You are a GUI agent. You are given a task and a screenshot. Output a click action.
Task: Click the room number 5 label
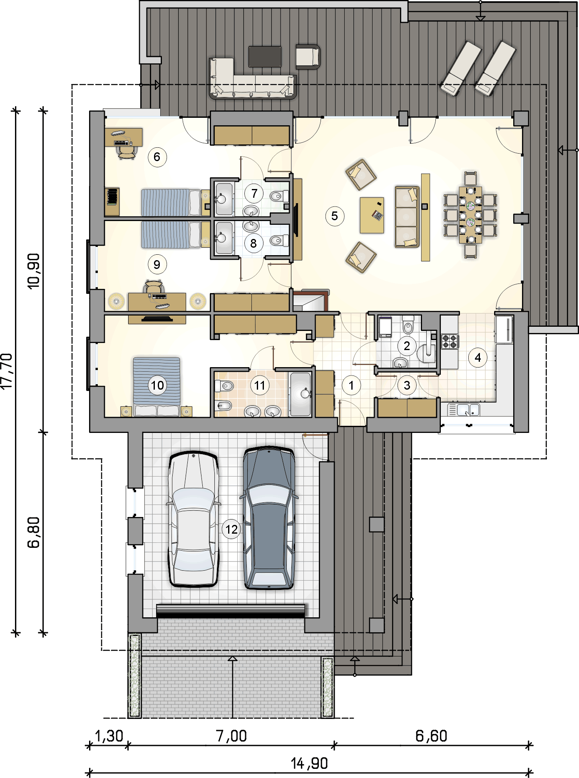coord(335,216)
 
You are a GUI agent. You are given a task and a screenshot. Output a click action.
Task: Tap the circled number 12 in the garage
coord(231,529)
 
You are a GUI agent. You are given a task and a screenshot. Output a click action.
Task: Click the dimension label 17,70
coord(7,371)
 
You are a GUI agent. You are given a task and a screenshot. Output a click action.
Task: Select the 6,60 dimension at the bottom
coord(431,736)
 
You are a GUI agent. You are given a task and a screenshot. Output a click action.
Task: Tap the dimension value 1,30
coord(109,736)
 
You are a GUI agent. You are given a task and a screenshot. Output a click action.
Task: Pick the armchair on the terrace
coord(308,56)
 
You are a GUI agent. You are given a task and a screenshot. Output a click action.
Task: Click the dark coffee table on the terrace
coord(265,56)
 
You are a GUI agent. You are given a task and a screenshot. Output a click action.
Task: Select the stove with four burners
coord(450,341)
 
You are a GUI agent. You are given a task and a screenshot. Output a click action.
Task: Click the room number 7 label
coord(254,193)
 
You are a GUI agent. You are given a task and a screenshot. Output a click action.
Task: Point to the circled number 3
coord(407,385)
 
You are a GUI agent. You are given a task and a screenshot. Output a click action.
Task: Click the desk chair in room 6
coord(126,152)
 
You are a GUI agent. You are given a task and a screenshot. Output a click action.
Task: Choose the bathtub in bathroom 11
coord(300,394)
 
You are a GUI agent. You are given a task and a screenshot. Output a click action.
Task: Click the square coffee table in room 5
coord(372,215)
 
